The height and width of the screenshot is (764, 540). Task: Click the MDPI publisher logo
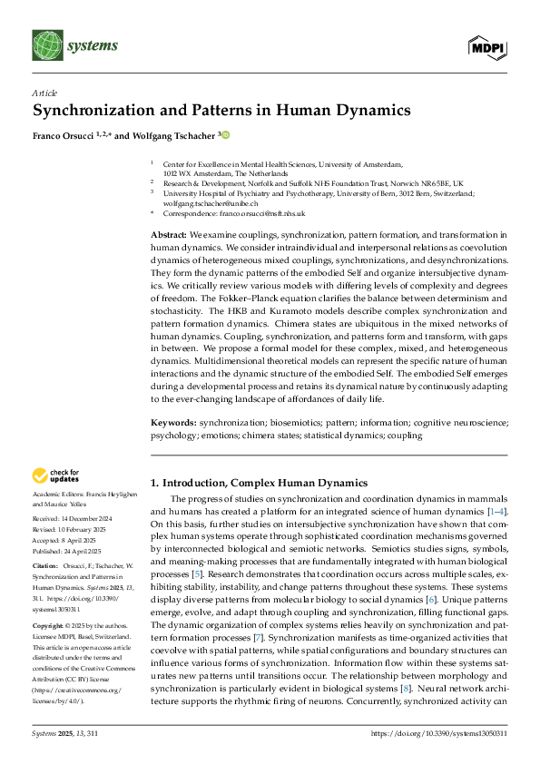(487, 46)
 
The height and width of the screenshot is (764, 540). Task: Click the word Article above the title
(44, 93)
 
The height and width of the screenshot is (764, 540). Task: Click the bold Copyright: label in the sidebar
(49, 626)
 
